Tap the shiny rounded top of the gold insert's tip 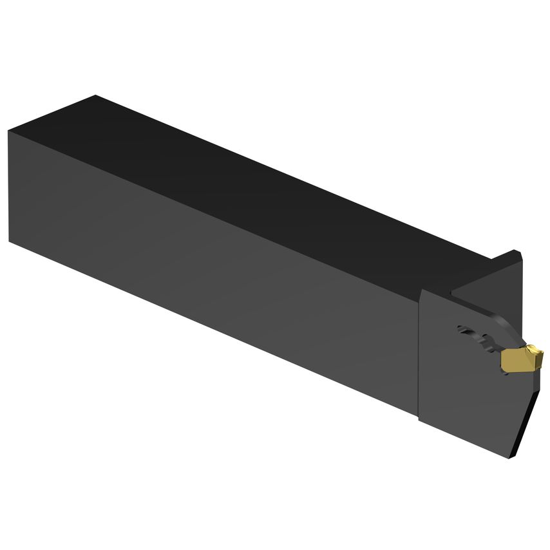pos(534,349)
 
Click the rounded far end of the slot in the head pos(462,330)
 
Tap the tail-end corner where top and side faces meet pos(9,131)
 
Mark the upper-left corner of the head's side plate pos(421,292)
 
